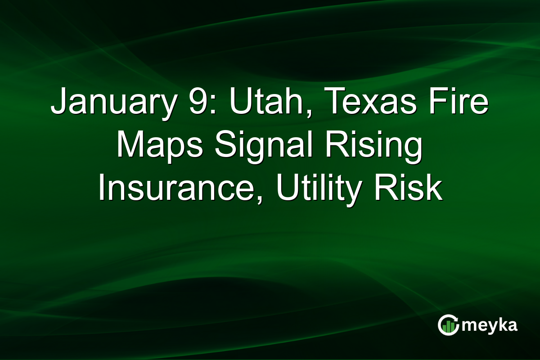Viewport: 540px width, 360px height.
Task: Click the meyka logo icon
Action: pyautogui.click(x=448, y=325)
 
